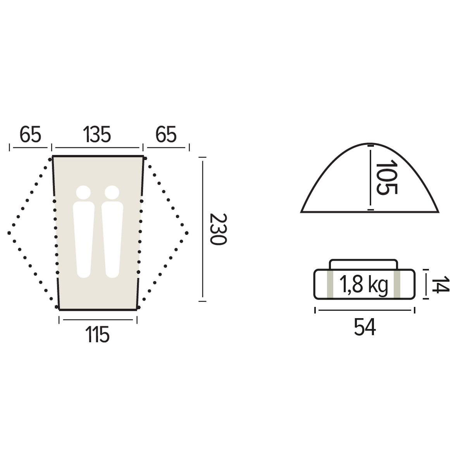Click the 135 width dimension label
97,134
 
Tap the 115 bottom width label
98,334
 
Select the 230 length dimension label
218,229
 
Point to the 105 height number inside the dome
386,177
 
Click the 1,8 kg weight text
363,284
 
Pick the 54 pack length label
365,327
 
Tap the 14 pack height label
440,284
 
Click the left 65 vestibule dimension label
30,134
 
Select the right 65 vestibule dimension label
166,134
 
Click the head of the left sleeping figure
83,193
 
